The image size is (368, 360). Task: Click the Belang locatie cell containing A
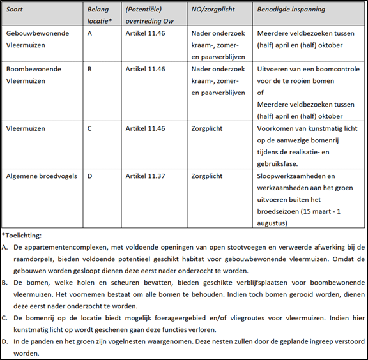click(89, 32)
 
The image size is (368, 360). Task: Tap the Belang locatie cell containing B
click(89, 69)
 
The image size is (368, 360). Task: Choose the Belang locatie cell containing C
click(89, 128)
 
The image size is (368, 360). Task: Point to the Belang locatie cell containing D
click(89, 174)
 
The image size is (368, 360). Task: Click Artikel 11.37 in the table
click(145, 174)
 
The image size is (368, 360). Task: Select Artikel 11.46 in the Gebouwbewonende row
click(145, 32)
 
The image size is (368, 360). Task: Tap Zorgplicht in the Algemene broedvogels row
click(206, 174)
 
